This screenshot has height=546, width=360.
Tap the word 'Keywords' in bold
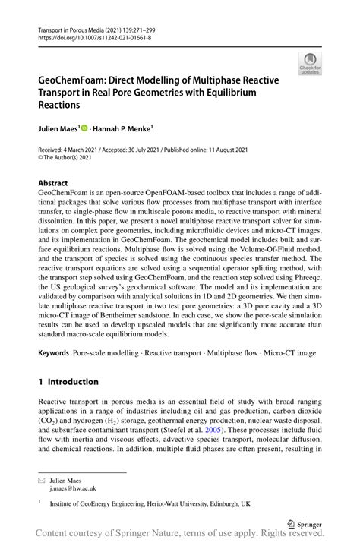click(54, 353)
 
